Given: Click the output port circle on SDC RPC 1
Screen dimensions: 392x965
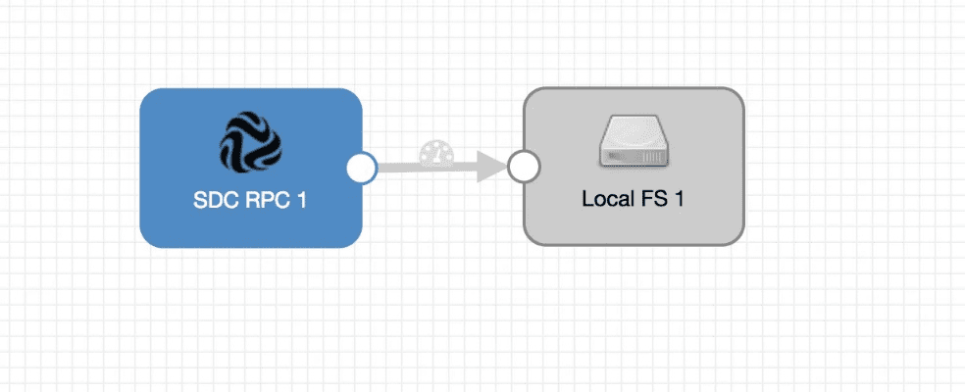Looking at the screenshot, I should point(362,169).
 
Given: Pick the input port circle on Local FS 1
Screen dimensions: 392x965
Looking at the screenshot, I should point(524,169).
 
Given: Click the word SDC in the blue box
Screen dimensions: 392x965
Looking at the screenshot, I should point(215,201).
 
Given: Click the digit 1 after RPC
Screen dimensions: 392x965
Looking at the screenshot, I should point(301,201).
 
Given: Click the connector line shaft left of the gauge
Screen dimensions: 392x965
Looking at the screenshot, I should point(397,168).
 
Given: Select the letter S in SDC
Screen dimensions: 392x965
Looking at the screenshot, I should point(199,201).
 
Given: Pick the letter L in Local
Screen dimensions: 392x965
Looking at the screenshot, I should point(587,199).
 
